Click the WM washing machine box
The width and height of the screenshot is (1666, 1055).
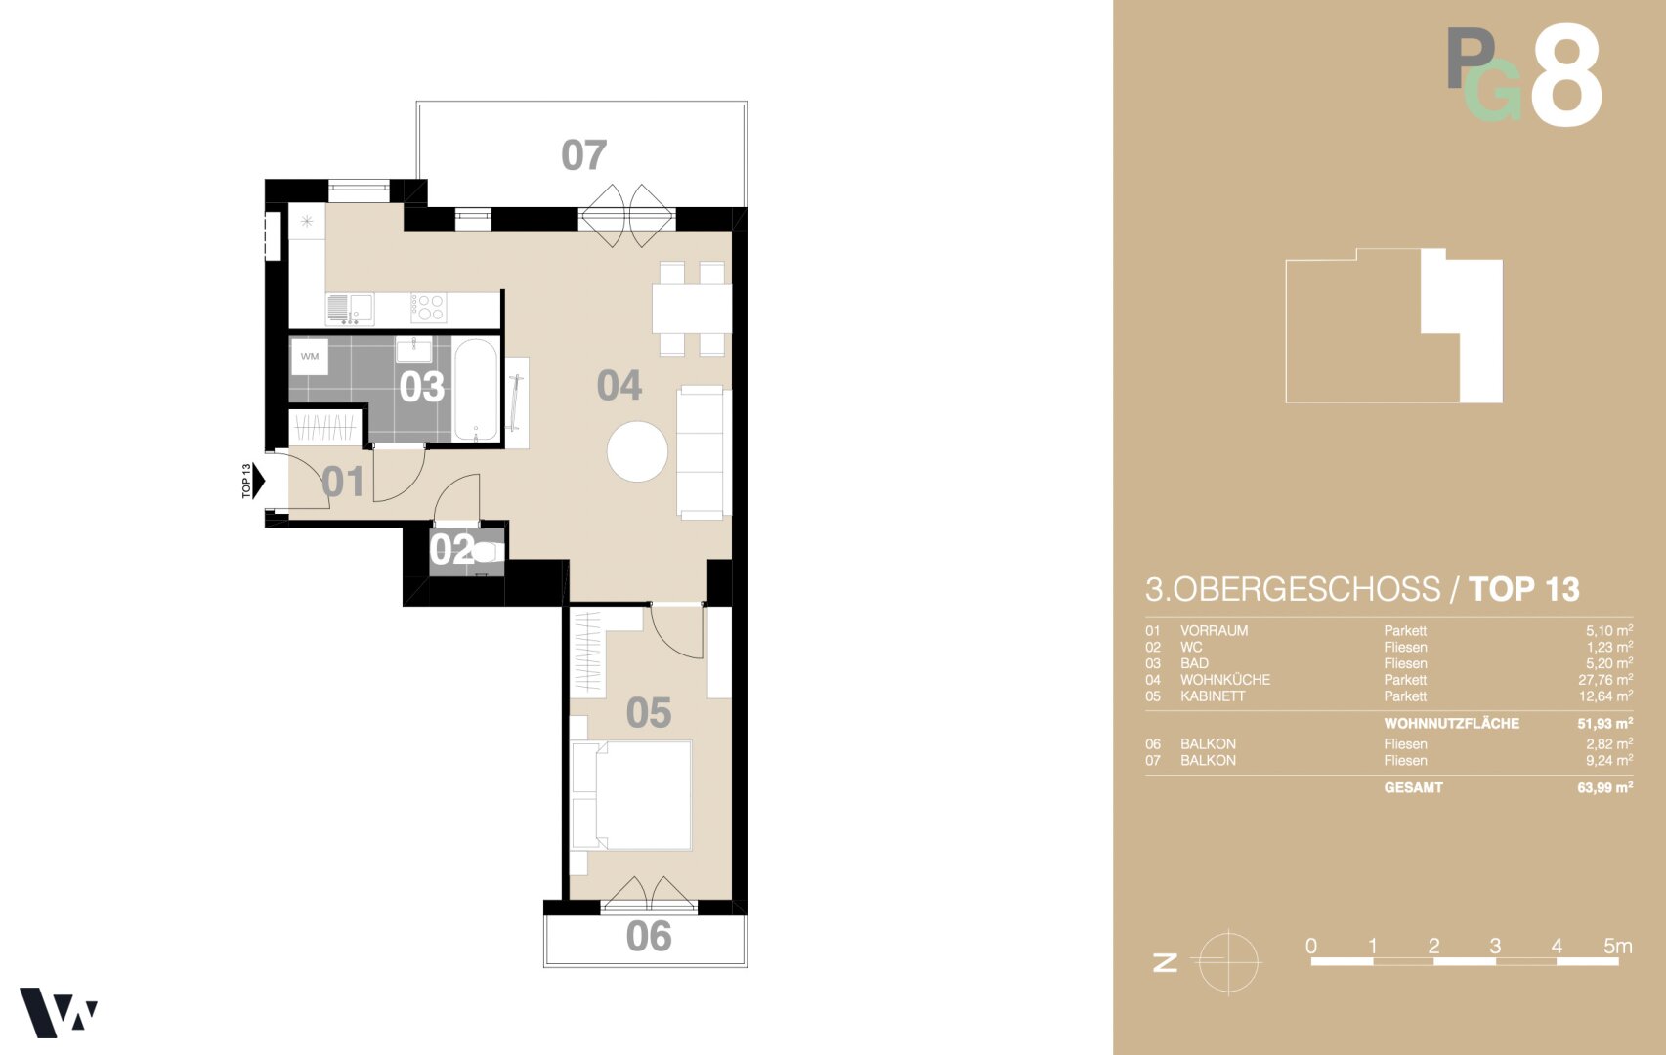310,357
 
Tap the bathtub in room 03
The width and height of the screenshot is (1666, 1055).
475,390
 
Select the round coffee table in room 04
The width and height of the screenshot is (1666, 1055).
637,451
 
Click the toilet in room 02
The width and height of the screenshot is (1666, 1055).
488,552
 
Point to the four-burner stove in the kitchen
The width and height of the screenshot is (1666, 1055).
428,308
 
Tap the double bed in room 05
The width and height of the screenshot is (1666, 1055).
631,795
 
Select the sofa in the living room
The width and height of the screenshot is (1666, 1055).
704,452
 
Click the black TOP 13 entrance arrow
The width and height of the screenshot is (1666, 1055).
258,481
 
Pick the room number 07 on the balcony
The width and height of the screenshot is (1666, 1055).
584,155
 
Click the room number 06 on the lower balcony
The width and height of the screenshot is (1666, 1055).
649,936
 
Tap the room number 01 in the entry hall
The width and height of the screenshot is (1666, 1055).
343,482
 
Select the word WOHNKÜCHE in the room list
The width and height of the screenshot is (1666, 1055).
1225,680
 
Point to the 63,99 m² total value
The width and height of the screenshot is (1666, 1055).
1605,787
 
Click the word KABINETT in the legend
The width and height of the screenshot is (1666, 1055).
1213,696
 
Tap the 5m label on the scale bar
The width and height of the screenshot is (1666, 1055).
1618,946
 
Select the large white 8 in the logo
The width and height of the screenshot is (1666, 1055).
1565,74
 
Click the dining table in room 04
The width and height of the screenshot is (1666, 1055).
692,309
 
